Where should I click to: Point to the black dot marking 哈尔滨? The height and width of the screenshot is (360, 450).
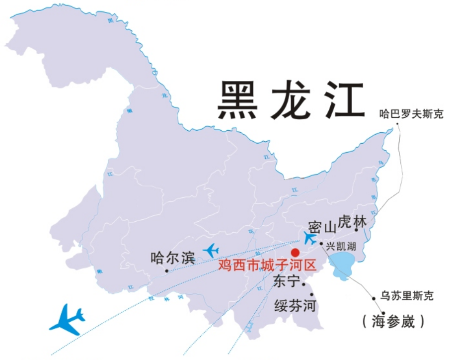pyautogui.click(x=167, y=271)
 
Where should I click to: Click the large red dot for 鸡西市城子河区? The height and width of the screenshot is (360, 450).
pyautogui.click(x=295, y=252)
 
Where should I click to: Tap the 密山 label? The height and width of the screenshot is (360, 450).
pyautogui.click(x=322, y=228)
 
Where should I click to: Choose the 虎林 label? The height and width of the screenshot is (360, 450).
pyautogui.click(x=352, y=222)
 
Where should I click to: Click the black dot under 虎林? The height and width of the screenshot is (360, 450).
pyautogui.click(x=356, y=230)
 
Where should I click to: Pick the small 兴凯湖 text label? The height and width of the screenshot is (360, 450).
pyautogui.click(x=341, y=246)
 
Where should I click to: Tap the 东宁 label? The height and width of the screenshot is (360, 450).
pyautogui.click(x=287, y=282)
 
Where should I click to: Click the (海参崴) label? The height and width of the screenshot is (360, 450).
pyautogui.click(x=393, y=321)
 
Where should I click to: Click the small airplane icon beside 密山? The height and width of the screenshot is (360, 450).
pyautogui.click(x=309, y=238)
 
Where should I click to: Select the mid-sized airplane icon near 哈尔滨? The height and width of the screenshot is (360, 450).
pyautogui.click(x=211, y=249)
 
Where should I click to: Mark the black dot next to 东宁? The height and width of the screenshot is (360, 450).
pyautogui.click(x=303, y=284)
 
